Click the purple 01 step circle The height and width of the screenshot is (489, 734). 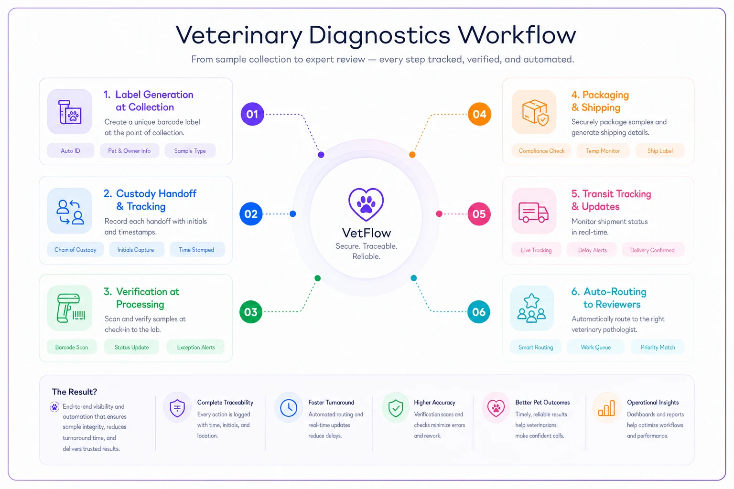point(252,114)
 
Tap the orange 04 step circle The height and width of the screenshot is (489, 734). point(479,114)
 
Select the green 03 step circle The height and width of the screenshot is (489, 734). point(251,312)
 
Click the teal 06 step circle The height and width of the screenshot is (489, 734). point(479,312)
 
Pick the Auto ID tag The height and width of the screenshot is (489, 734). point(70,150)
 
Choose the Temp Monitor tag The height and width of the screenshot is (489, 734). point(603,150)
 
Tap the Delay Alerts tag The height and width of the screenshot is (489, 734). point(592,250)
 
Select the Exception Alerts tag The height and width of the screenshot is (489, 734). point(195,347)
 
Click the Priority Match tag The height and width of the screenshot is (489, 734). point(658,347)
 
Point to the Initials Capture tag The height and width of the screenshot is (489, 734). point(136,250)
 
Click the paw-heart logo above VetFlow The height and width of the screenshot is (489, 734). point(366,204)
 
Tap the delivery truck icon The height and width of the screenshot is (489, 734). point(533,212)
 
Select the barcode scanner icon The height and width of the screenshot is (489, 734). point(70,308)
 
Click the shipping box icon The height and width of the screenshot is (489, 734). point(535,112)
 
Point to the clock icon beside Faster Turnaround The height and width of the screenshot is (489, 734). point(289,408)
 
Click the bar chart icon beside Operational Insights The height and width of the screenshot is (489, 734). point(606,408)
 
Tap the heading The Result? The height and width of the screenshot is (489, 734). point(75,392)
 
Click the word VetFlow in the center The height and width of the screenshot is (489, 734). point(367,233)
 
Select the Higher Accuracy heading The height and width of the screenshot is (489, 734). point(434,402)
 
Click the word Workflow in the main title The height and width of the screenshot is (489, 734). point(517,35)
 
